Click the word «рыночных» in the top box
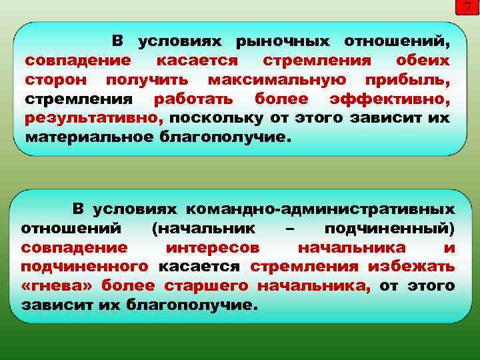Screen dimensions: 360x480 tap(281, 42)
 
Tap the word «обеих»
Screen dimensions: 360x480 tap(422, 61)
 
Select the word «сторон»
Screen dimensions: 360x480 tap(56, 80)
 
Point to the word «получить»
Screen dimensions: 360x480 tap(147, 80)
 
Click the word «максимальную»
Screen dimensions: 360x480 tap(276, 80)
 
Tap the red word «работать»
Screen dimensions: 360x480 tap(193, 99)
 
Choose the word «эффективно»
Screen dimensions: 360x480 tap(390, 99)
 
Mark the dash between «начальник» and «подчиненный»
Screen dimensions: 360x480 tap(289, 228)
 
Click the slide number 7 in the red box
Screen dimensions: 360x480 tap(468, 8)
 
